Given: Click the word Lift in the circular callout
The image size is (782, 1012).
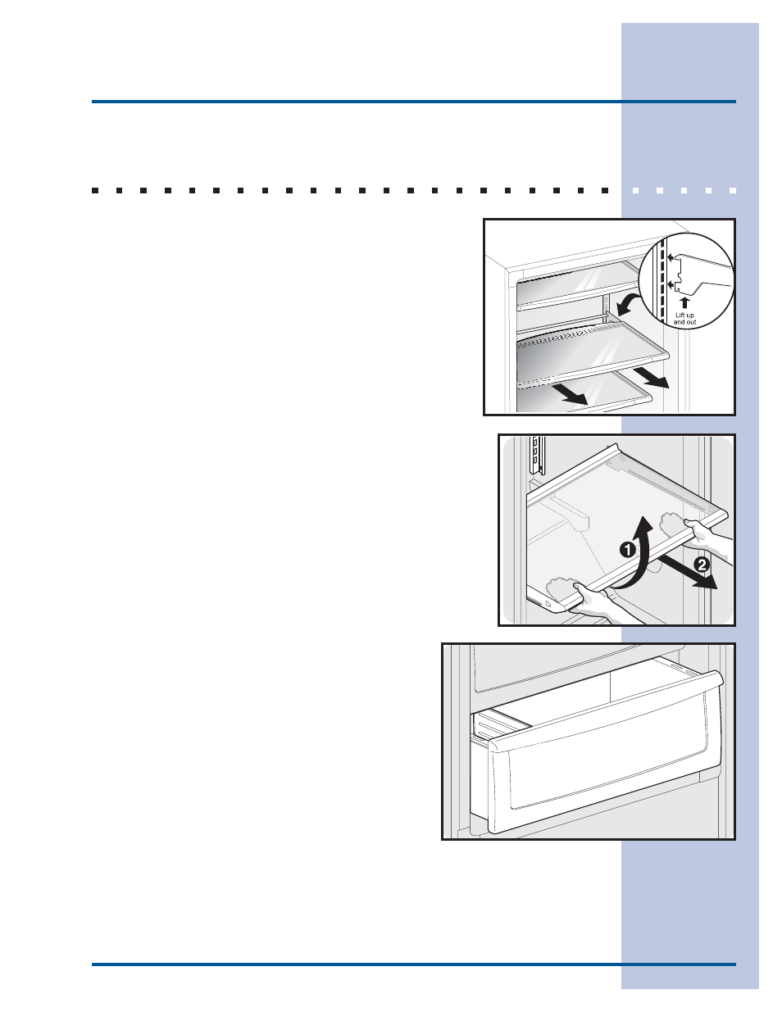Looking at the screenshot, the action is pyautogui.click(x=680, y=315).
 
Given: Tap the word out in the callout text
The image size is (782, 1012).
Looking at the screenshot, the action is pyautogui.click(x=691, y=322).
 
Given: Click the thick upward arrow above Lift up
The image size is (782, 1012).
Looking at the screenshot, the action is pyautogui.click(x=684, y=303).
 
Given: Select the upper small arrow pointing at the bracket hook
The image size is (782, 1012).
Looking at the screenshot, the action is pyautogui.click(x=671, y=257).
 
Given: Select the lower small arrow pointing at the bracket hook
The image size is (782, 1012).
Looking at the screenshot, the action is pyautogui.click(x=671, y=284).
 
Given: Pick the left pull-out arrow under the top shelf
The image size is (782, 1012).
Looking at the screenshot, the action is pyautogui.click(x=567, y=394).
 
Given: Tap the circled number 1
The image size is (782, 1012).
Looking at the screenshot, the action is pyautogui.click(x=628, y=550).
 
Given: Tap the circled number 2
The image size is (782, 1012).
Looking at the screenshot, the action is pyautogui.click(x=702, y=565).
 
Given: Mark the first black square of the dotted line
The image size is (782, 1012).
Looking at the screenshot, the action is pyautogui.click(x=95, y=190).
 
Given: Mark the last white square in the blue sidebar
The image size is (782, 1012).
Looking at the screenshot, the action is pyautogui.click(x=733, y=190).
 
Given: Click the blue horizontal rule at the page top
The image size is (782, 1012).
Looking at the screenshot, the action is pyautogui.click(x=414, y=102).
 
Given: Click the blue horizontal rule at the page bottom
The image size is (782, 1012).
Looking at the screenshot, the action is pyautogui.click(x=414, y=964).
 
